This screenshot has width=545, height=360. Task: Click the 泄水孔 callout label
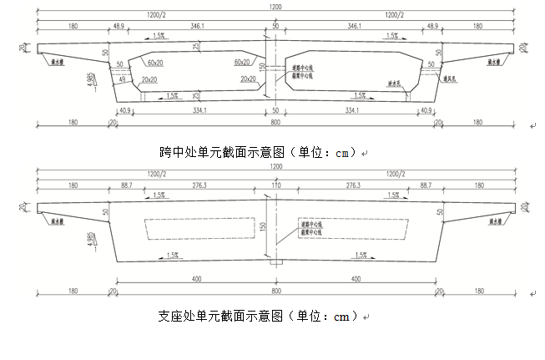click(395, 83)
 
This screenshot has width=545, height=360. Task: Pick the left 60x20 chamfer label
click(154, 63)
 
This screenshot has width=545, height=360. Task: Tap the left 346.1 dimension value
click(198, 27)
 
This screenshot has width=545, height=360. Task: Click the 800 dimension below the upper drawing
click(275, 124)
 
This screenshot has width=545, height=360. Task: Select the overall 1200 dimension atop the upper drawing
click(275, 6)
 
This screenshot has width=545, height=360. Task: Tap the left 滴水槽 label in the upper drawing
click(52, 60)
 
